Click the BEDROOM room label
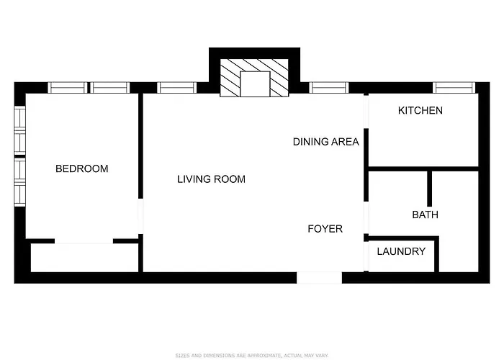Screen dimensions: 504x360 pyautogui.click(x=82, y=168)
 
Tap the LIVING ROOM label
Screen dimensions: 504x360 pyautogui.click(x=211, y=179)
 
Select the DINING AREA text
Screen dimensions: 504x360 pyautogui.click(x=326, y=142)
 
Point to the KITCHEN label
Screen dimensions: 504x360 pyautogui.click(x=420, y=111)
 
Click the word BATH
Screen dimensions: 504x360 pyautogui.click(x=426, y=215)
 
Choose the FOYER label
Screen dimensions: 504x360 pyautogui.click(x=325, y=229)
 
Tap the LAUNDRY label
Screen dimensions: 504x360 pyautogui.click(x=401, y=251)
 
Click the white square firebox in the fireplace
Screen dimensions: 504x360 pyautogui.click(x=255, y=84)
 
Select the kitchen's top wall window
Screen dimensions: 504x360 pyautogui.click(x=454, y=88)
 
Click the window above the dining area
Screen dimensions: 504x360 pyautogui.click(x=329, y=88)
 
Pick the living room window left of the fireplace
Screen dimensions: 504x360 pyautogui.click(x=177, y=88)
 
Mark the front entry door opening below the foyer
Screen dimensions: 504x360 pyautogui.click(x=319, y=278)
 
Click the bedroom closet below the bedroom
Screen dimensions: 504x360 pyautogui.click(x=84, y=258)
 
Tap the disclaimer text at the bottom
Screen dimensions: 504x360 pyautogui.click(x=252, y=356)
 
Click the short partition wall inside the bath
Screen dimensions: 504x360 pyautogui.click(x=429, y=189)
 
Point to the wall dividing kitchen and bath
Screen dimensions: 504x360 pyautogui.click(x=423, y=168)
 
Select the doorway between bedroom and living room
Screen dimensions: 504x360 pyautogui.click(x=140, y=216)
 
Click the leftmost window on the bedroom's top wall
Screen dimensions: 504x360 pyautogui.click(x=68, y=88)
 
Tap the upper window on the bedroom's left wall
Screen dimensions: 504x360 pyautogui.click(x=20, y=130)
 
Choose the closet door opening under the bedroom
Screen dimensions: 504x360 pyautogui.click(x=84, y=241)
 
